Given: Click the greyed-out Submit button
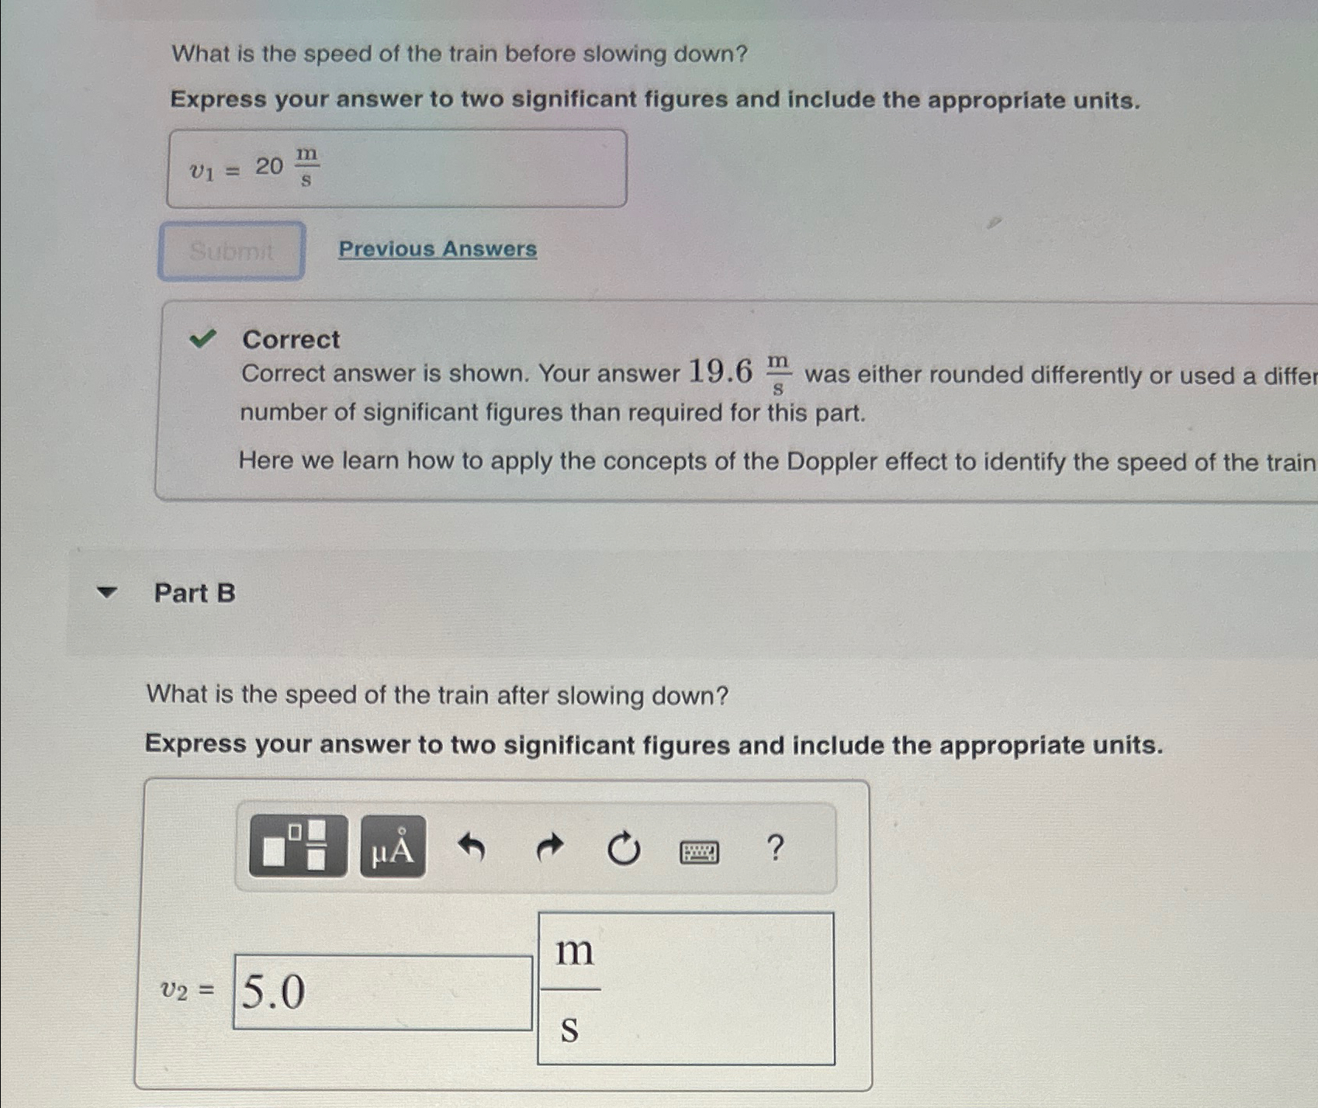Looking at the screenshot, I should click(x=231, y=251).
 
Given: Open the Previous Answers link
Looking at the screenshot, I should click(x=438, y=249).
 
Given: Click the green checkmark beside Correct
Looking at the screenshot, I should click(x=202, y=338).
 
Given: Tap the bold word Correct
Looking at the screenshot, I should click(x=291, y=339).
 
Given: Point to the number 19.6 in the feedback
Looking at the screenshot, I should click(x=721, y=372).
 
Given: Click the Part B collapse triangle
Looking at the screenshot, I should click(x=106, y=593).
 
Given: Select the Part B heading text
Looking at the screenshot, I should click(x=195, y=593).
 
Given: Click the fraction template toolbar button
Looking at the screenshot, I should click(x=298, y=846).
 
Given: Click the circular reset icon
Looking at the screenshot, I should click(x=623, y=849).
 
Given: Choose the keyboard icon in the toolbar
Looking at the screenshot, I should click(x=699, y=852).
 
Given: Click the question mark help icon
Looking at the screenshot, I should click(x=775, y=847).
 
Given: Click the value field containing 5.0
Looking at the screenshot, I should click(x=382, y=992).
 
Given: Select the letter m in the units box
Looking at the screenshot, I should click(x=574, y=950).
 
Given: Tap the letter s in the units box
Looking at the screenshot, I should click(x=569, y=1029).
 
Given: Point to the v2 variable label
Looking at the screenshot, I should click(x=174, y=990).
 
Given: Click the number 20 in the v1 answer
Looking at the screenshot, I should click(x=269, y=166).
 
